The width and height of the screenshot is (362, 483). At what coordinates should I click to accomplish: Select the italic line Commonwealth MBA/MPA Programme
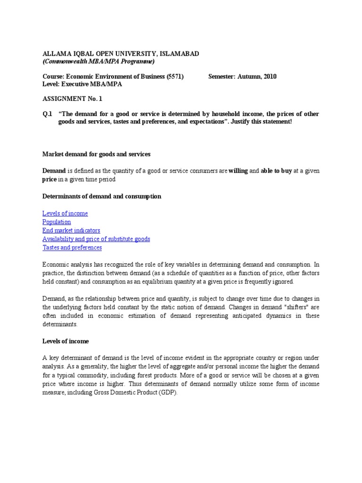coord(99,61)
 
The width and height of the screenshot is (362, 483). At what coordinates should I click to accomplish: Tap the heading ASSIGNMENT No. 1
coord(72,99)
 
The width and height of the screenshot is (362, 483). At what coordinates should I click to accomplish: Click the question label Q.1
coord(47,114)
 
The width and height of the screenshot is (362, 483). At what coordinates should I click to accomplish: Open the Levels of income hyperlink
coord(65,214)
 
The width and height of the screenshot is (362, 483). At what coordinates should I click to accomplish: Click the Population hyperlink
coord(57,222)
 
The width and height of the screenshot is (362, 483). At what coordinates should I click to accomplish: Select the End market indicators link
coord(71,231)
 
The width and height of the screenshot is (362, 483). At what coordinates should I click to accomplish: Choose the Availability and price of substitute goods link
coord(96,239)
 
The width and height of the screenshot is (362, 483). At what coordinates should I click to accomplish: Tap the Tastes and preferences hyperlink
coord(72,248)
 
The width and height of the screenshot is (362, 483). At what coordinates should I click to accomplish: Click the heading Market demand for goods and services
coord(97,154)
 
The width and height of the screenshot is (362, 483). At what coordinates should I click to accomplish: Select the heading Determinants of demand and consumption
coord(102,196)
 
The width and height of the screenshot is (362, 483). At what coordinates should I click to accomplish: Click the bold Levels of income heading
coord(66,341)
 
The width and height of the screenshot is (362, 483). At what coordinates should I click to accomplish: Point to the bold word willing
coord(238,171)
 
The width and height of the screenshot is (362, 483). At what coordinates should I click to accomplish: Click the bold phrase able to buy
coord(276,171)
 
